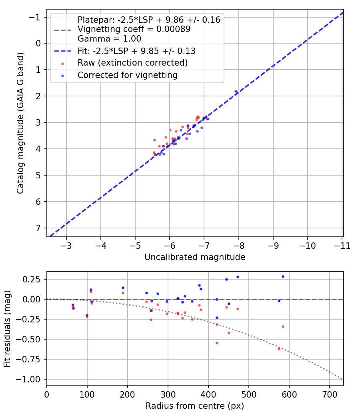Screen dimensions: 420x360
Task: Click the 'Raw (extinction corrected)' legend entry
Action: pyautogui.click(x=132, y=63)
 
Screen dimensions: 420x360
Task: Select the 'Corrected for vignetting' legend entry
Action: pyautogui.click(x=127, y=75)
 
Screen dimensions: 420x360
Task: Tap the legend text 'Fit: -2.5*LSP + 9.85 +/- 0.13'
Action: pyautogui.click(x=136, y=51)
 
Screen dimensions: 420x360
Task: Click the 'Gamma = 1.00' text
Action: pyautogui.click(x=109, y=38)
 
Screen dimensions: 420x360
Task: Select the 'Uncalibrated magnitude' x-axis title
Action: pyautogui.click(x=195, y=257)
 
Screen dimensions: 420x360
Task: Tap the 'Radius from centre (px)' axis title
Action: pyautogui.click(x=195, y=406)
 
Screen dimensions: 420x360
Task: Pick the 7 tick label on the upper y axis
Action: pyautogui.click(x=39, y=228)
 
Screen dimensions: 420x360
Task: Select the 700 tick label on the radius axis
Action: pyautogui.click(x=329, y=394)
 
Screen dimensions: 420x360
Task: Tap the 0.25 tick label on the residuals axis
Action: pyautogui.click(x=34, y=279)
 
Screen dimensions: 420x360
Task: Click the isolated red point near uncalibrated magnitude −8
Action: pyautogui.click(x=236, y=91)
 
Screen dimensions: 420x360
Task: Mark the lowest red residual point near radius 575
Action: pyautogui.click(x=279, y=349)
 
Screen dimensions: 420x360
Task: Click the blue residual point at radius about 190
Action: pyautogui.click(x=123, y=288)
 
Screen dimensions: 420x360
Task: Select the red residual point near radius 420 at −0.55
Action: pyautogui.click(x=217, y=343)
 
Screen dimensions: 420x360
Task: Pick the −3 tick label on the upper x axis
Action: pyautogui.click(x=66, y=245)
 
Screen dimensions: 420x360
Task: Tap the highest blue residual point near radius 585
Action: pyautogui.click(x=283, y=276)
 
